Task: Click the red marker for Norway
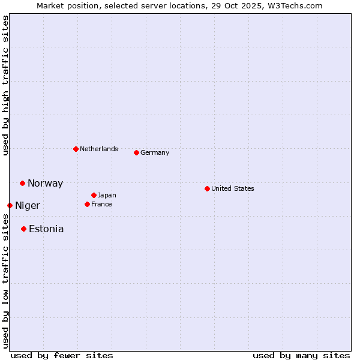point(22,183)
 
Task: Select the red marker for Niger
point(10,205)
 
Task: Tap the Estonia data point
point(23,229)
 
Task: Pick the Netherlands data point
point(76,149)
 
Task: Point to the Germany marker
point(136,152)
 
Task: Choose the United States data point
point(207,188)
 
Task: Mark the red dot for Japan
point(94,195)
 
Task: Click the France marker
point(87,204)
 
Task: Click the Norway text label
point(45,184)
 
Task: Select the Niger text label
point(28,206)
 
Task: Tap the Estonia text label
point(46,229)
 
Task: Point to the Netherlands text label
point(99,149)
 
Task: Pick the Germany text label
point(155,152)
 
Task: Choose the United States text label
point(233,188)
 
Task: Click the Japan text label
point(107,195)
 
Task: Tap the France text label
point(101,204)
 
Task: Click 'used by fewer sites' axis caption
point(62,355)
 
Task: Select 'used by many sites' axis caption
point(301,355)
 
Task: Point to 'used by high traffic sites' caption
point(5,85)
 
